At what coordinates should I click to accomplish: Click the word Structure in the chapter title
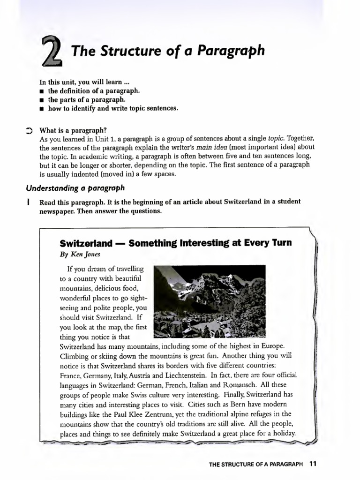122,51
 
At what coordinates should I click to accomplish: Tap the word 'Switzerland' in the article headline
86,243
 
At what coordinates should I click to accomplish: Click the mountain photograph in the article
210,301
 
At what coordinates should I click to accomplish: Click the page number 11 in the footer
313,464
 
